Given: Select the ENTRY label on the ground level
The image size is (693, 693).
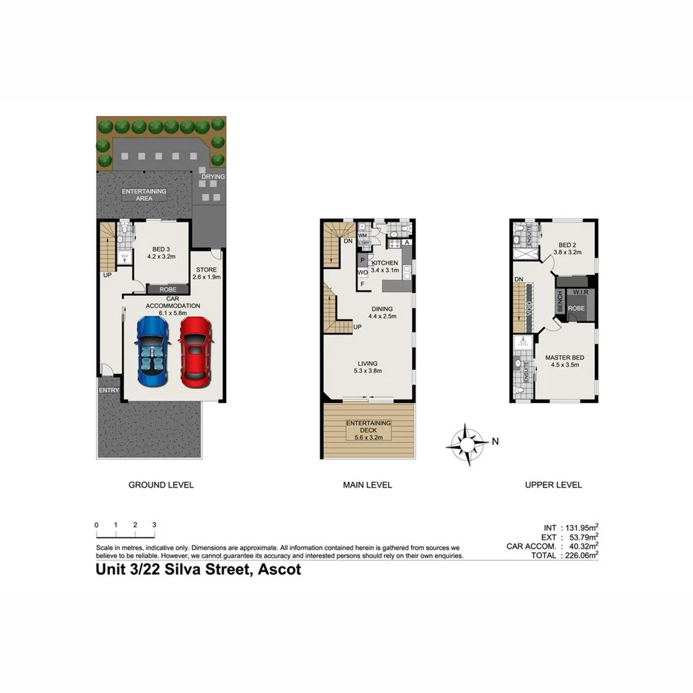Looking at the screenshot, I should (x=109, y=390).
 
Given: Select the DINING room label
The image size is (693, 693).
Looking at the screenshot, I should (x=383, y=309).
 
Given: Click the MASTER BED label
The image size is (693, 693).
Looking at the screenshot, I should (x=567, y=358).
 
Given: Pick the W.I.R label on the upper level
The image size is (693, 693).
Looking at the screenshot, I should (x=581, y=292).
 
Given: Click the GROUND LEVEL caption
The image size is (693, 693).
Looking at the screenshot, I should (x=161, y=485).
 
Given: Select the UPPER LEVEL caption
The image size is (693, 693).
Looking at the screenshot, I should (x=553, y=485).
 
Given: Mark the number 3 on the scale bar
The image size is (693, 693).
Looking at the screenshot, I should (x=154, y=525).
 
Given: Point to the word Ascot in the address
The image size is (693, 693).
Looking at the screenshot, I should (x=279, y=571).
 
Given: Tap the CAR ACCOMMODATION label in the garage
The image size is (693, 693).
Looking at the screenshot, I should (x=173, y=302).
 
